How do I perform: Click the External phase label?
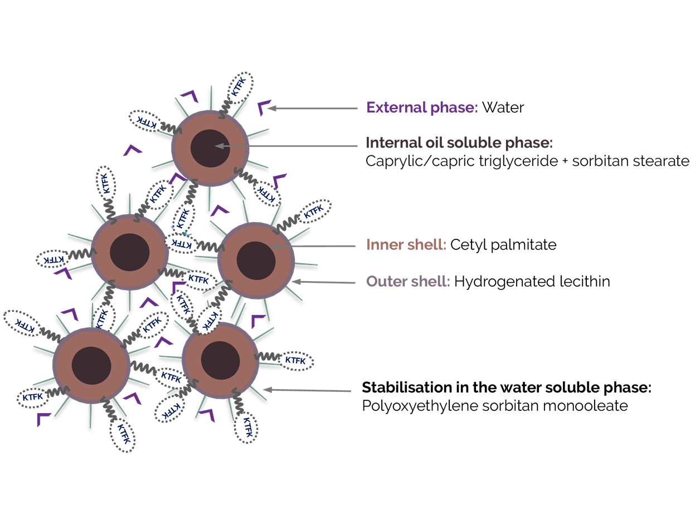[x=422, y=107]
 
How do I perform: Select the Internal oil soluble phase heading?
[x=459, y=143]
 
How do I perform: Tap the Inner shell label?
[x=406, y=244]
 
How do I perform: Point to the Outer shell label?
[x=407, y=281]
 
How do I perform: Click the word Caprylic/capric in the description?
[x=409, y=162]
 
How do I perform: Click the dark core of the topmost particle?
[x=210, y=148]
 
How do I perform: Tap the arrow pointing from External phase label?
[x=312, y=109]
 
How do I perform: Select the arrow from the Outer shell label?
[x=323, y=282]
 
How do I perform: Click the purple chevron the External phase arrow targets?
[x=263, y=107]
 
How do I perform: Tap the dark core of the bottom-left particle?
[x=91, y=365]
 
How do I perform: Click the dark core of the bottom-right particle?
[x=220, y=360]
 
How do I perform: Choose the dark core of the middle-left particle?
[x=129, y=252]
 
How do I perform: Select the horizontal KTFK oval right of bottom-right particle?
[x=295, y=361]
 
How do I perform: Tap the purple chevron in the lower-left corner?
[x=43, y=419]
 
